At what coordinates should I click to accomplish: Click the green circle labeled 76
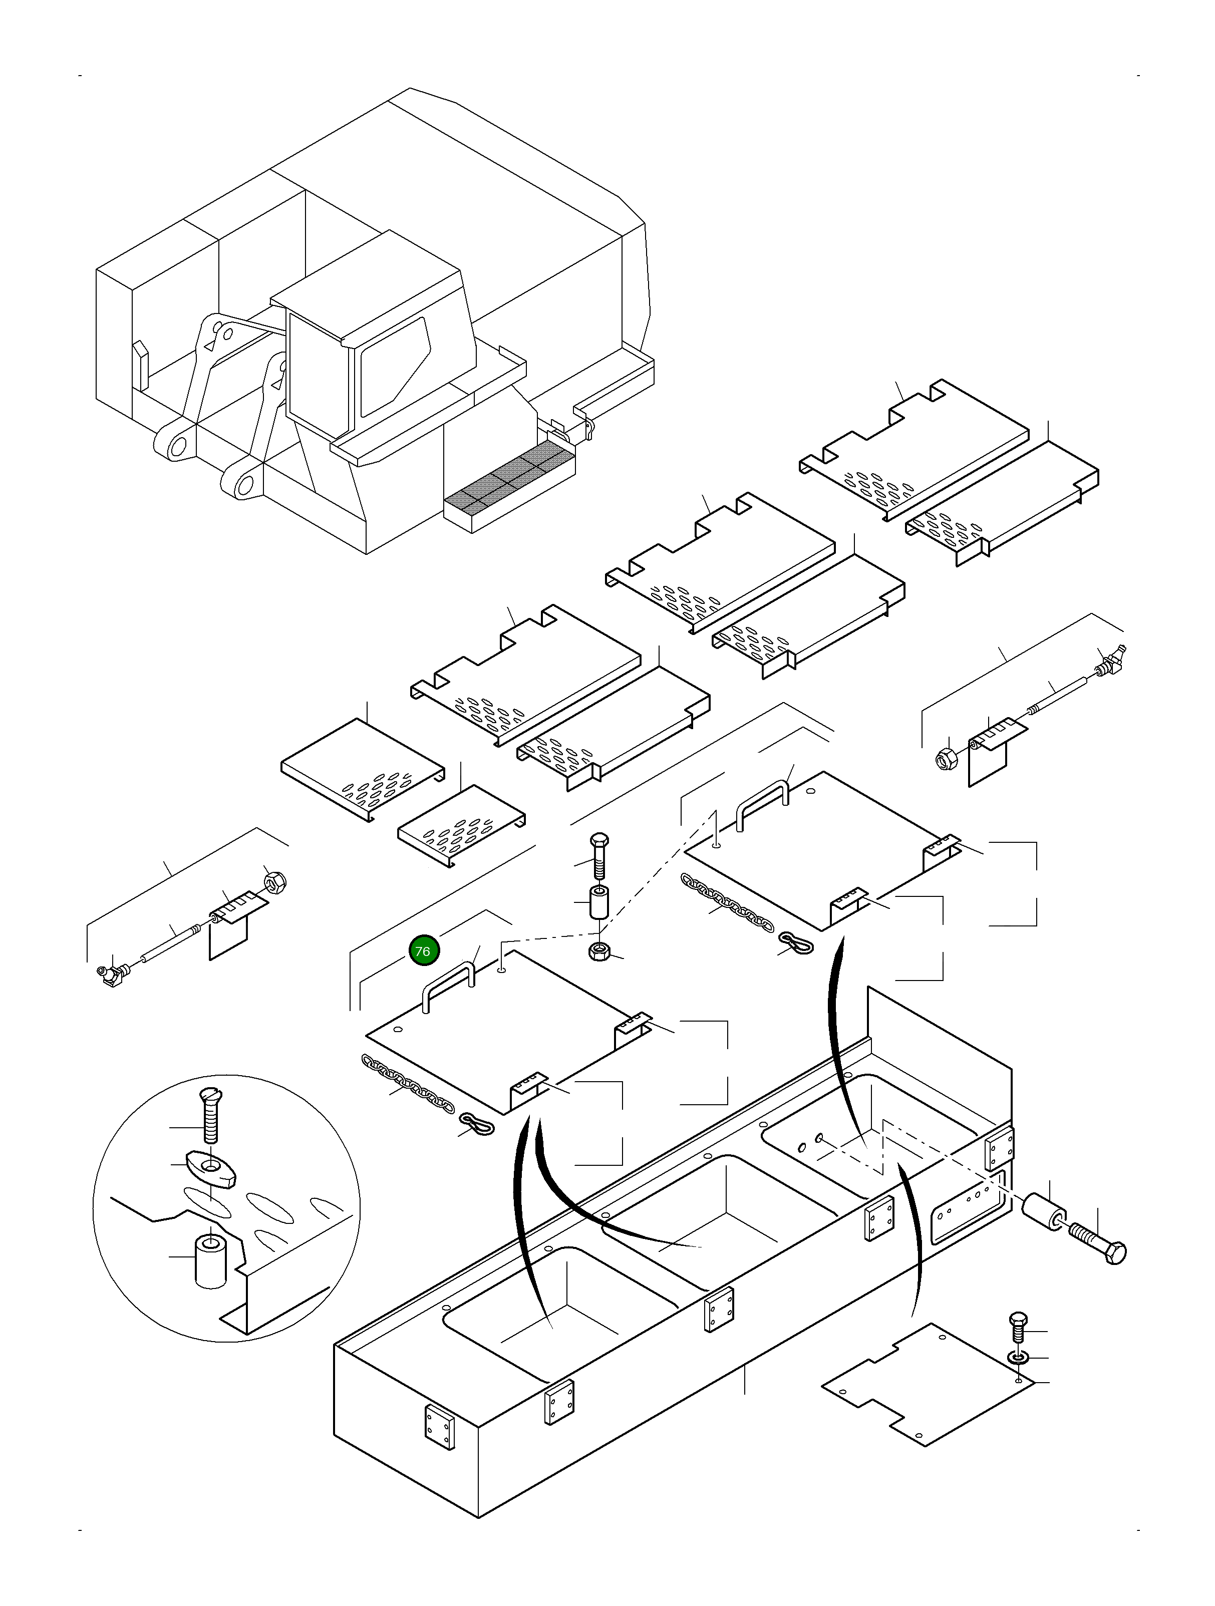click(424, 950)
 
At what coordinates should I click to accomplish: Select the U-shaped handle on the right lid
click(763, 804)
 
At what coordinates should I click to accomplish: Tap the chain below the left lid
click(408, 1085)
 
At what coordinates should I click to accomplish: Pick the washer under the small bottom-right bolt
click(1019, 1356)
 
